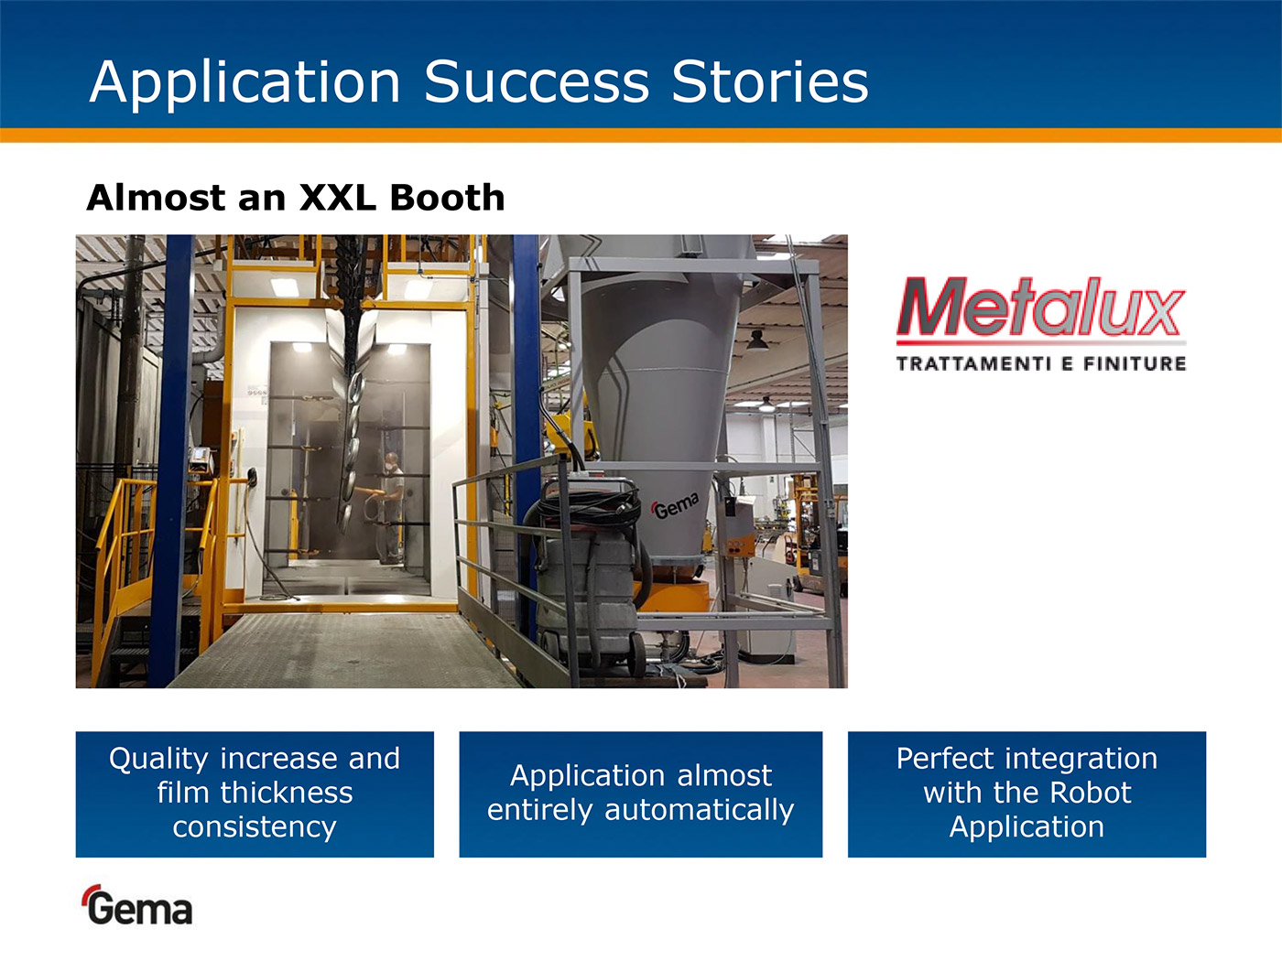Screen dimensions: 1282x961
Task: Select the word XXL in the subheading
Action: click(x=337, y=197)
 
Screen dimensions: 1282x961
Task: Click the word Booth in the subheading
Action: click(x=448, y=197)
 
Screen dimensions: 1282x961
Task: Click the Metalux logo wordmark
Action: click(x=1041, y=308)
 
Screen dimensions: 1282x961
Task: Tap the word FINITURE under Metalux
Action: click(x=1135, y=364)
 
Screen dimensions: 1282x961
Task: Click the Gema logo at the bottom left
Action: click(x=137, y=905)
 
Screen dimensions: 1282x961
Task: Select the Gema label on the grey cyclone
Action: click(x=675, y=506)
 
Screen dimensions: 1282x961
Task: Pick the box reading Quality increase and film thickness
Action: click(x=255, y=794)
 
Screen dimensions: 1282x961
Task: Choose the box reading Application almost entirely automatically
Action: click(x=641, y=794)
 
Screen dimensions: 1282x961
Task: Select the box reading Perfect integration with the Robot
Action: click(x=1027, y=794)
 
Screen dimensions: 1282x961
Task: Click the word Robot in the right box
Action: click(x=1091, y=793)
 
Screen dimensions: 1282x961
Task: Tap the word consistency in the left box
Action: click(x=255, y=827)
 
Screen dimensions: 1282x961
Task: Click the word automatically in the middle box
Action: click(x=700, y=811)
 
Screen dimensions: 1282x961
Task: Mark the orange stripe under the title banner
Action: click(x=641, y=135)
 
